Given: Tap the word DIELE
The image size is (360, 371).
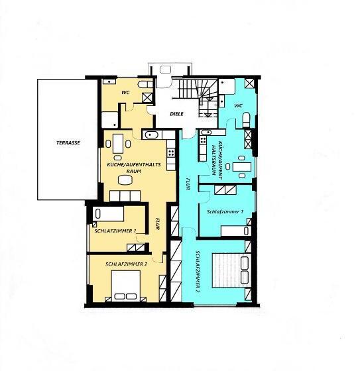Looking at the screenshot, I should [x=176, y=113].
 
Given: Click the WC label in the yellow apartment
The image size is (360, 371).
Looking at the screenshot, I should [x=124, y=92].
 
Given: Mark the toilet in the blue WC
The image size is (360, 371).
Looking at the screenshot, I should [x=246, y=119].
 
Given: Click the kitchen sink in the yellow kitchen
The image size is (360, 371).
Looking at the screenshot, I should [x=151, y=135].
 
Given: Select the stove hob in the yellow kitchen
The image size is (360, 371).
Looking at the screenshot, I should [x=171, y=152].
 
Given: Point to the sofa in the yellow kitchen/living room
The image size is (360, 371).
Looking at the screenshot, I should [x=125, y=195].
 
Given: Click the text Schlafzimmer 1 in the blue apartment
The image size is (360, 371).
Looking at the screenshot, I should [x=225, y=211].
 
